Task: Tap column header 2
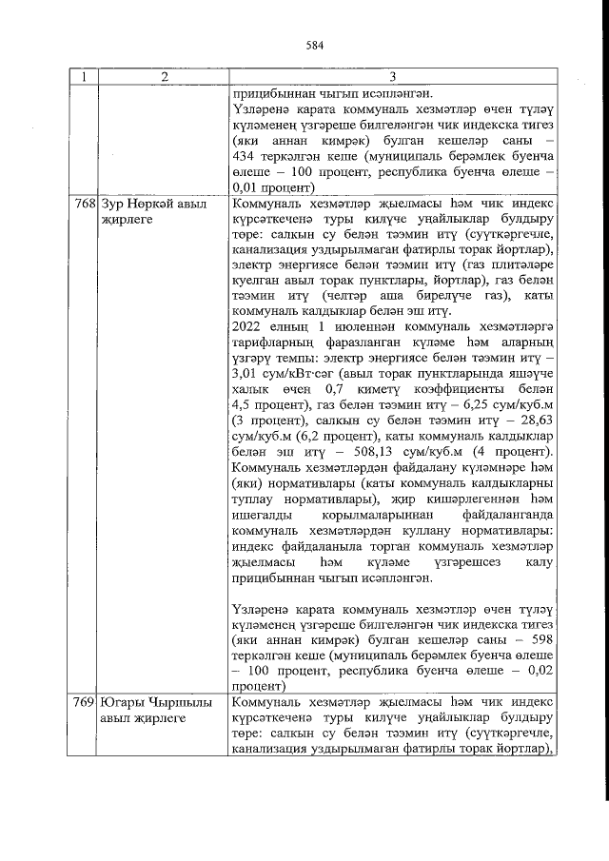163,77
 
